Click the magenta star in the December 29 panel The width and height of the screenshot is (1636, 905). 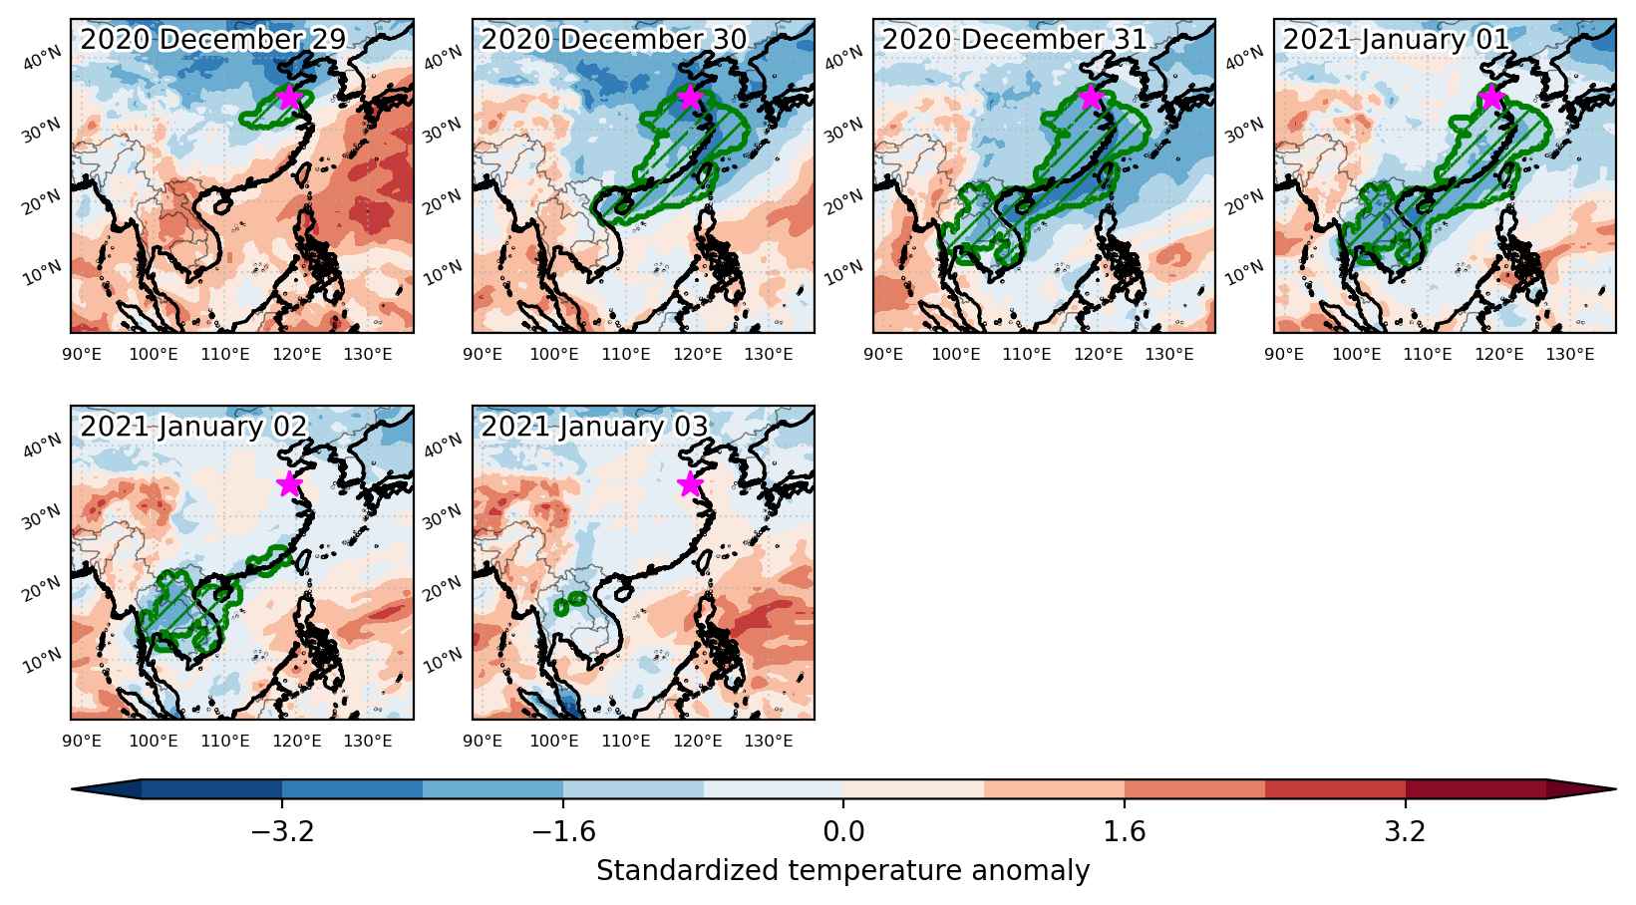290,97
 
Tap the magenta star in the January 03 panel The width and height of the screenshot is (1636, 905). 690,483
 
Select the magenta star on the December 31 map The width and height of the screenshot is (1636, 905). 1091,97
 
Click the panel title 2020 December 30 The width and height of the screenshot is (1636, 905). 613,40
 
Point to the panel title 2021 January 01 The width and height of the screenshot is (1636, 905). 1396,40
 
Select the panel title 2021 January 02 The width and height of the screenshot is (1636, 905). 193,426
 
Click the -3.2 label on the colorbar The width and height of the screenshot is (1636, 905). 282,831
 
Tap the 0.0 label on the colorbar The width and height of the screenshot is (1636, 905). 843,831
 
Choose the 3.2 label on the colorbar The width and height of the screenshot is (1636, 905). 1406,831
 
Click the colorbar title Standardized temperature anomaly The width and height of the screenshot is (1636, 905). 842,871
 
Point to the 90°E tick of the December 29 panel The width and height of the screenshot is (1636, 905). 82,354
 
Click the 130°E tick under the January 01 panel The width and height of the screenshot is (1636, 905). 1570,354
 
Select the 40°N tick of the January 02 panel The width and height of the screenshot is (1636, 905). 42,445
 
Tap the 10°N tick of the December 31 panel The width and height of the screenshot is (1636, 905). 843,272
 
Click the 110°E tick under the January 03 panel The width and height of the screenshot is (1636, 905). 626,741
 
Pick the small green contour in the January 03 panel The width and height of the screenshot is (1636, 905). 569,603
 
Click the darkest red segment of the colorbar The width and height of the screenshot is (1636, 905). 1475,788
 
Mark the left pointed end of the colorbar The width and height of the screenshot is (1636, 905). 73,788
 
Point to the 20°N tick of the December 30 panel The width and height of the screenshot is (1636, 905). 443,201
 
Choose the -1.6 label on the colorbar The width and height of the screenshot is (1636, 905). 563,831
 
